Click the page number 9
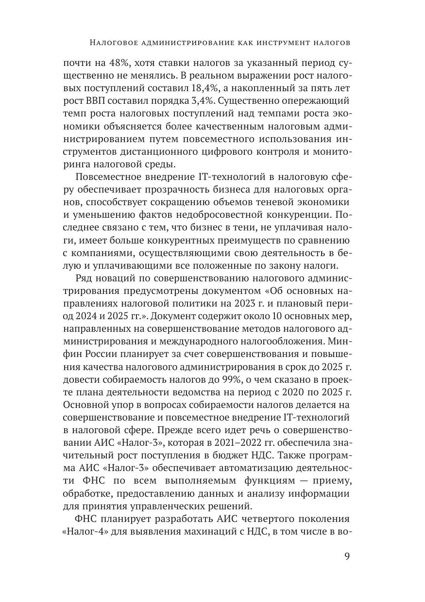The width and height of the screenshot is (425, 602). click(x=347, y=556)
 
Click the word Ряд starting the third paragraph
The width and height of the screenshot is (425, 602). click(x=85, y=277)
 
